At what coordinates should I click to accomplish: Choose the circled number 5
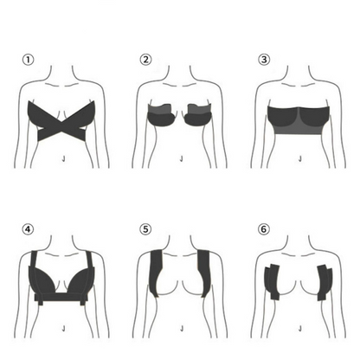146,229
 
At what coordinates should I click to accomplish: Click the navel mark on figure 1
66,158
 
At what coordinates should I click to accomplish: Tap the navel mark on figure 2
181,158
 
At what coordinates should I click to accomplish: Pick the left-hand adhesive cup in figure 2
162,117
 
